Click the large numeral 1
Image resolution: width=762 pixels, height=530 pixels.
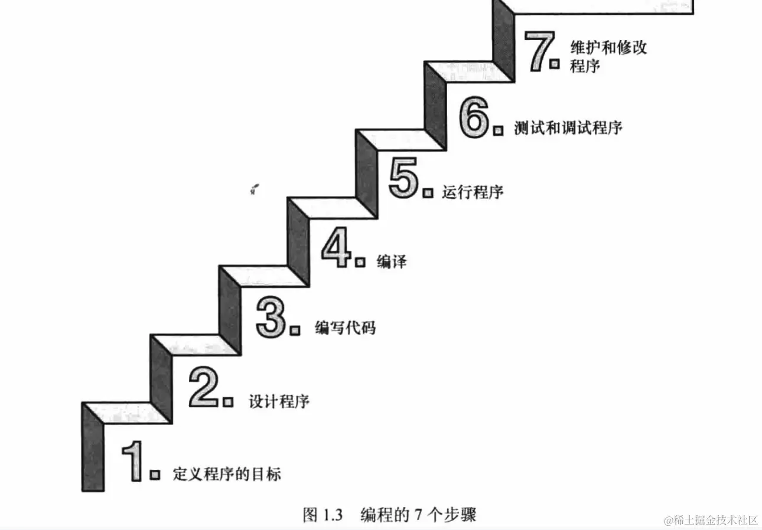coord(133,461)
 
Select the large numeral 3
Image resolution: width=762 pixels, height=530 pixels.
coord(271,319)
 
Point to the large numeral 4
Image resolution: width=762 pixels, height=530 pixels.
coord(337,249)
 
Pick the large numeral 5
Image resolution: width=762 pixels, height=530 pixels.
coord(404,180)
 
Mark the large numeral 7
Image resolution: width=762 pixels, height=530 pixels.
coord(538,51)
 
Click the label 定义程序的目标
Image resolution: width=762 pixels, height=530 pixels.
coord(227,474)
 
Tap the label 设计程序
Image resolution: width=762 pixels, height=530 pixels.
coord(279,402)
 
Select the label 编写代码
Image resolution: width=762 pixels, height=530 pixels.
coord(345,328)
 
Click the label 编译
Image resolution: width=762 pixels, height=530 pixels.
coord(392,262)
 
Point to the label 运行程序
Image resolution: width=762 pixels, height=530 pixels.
coord(473,192)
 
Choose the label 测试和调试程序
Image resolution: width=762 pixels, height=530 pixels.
coord(568,128)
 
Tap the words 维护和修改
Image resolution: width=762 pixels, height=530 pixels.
coord(608,47)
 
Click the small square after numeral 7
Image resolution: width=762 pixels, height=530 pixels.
coord(554,64)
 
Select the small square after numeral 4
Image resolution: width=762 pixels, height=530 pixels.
coord(360,262)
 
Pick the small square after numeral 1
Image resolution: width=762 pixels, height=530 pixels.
coord(155,475)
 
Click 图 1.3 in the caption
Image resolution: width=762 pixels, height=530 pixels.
coord(323,515)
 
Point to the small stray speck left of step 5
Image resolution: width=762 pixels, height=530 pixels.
coord(255,189)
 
